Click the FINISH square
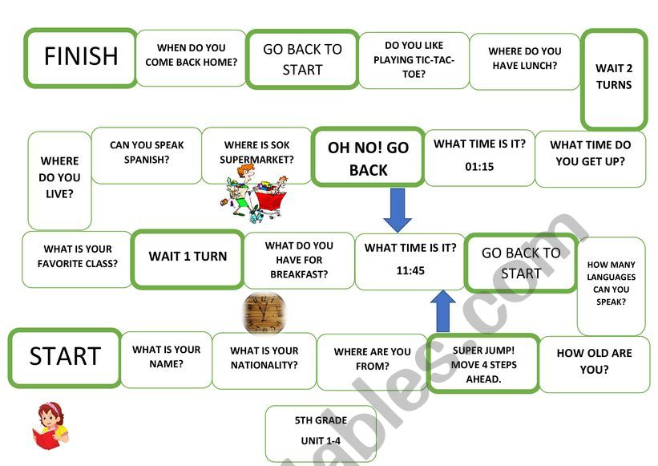coord(80,57)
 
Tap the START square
coord(65,357)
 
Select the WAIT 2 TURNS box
coord(613,78)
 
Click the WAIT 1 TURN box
coord(188,257)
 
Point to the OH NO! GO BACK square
coord(368,158)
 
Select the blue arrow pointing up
coord(442,310)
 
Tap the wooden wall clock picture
coord(264,311)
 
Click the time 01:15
coord(479,167)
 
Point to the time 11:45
coord(410,270)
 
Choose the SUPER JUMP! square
coord(482,363)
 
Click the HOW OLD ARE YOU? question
coord(594,362)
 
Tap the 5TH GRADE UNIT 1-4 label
coord(321,431)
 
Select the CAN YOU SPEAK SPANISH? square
coord(147,152)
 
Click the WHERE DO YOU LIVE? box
coord(60,178)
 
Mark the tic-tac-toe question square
coord(414,59)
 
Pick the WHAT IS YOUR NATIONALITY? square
coord(264,358)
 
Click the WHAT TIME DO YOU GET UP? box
coord(590,152)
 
